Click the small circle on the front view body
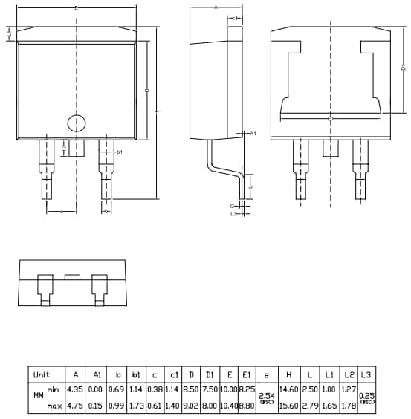point(77,123)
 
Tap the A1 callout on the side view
point(252,134)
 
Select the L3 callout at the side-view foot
point(233,214)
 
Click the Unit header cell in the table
point(42,374)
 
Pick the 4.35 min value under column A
point(74,389)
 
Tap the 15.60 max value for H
point(288,405)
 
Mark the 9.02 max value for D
point(191,405)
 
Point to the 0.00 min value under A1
point(97,389)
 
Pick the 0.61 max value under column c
point(154,405)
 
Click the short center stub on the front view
point(77,148)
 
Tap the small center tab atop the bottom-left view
point(72,276)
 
